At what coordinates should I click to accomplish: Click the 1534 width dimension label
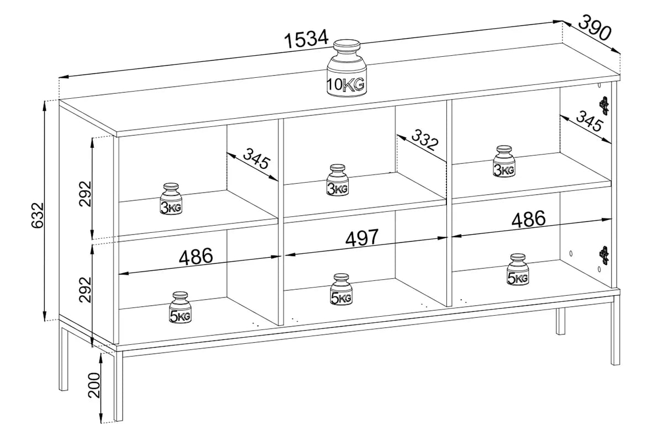point(307,39)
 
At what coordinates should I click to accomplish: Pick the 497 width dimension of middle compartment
point(362,238)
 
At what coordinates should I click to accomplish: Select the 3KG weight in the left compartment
point(171,199)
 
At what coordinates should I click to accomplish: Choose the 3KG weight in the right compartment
point(504,162)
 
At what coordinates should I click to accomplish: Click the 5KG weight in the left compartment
point(180,308)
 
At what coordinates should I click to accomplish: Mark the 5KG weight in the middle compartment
point(341,290)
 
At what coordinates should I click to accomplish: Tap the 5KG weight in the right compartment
point(518,270)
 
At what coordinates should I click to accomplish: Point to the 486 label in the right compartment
point(528,219)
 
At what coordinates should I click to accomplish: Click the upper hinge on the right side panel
point(604,105)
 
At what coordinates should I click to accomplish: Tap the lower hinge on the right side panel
point(604,255)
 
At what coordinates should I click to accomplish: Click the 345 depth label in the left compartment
point(255,159)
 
